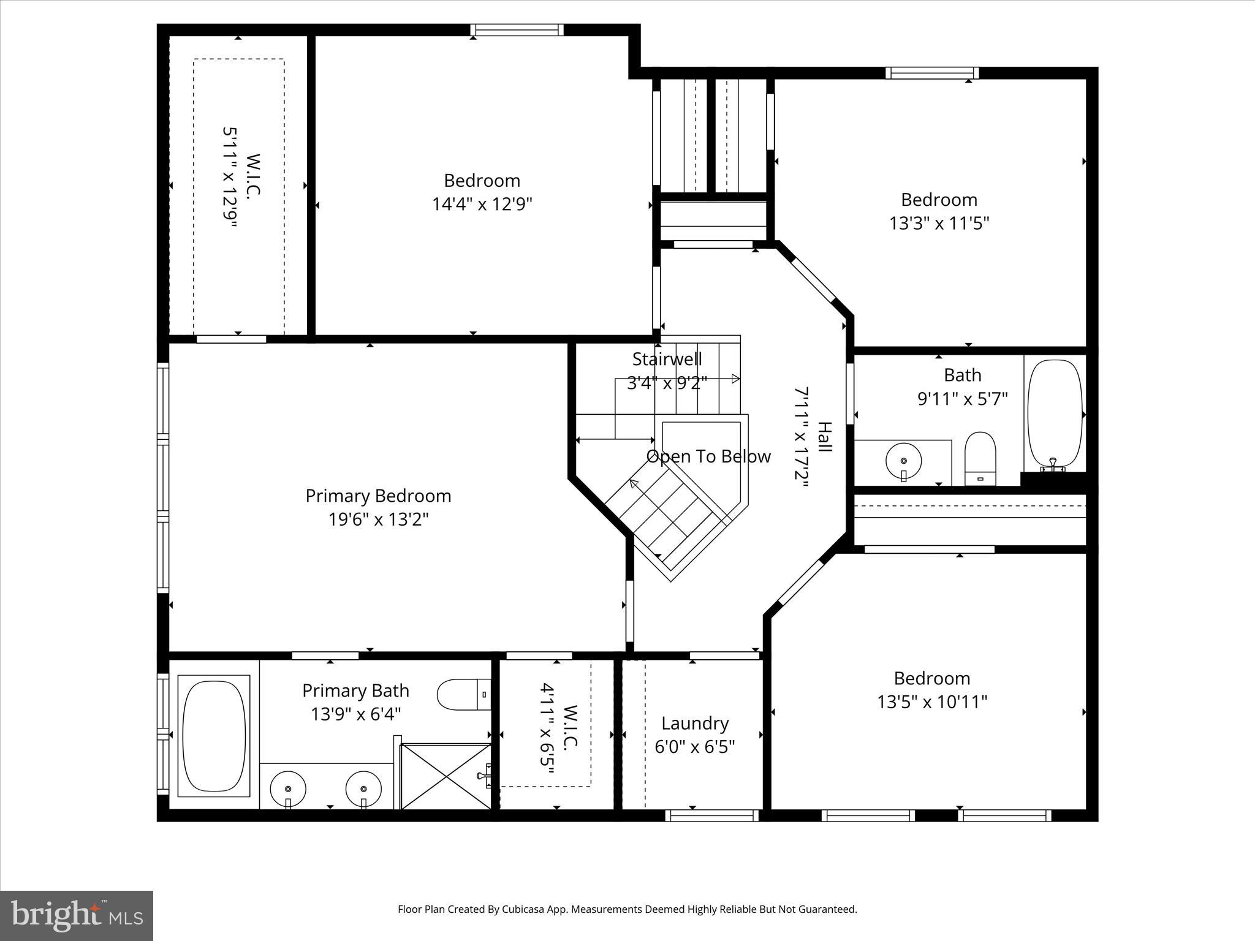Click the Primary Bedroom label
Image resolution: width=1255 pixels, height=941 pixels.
tap(378, 496)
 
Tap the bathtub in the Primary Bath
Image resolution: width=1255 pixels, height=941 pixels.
tap(213, 736)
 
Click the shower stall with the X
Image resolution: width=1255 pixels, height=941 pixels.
tap(446, 776)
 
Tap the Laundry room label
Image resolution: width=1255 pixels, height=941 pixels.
tap(695, 724)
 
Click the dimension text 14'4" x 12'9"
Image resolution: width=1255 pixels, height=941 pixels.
tap(482, 204)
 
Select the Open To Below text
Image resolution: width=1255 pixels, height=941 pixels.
tap(708, 456)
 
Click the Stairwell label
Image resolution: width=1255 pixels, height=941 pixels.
tap(667, 359)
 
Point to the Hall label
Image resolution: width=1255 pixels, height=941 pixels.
tap(825, 437)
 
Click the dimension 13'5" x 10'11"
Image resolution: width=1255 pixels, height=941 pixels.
tap(932, 701)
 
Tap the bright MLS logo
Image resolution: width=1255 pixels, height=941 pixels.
tap(77, 915)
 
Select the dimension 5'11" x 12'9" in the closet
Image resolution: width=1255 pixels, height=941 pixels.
tap(229, 178)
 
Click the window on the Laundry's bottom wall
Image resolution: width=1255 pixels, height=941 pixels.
tap(711, 815)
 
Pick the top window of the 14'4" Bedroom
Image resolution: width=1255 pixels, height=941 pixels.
tap(517, 30)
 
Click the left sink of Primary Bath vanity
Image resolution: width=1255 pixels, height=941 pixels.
tap(287, 788)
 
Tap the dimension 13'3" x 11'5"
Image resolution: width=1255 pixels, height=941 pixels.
tap(939, 223)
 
